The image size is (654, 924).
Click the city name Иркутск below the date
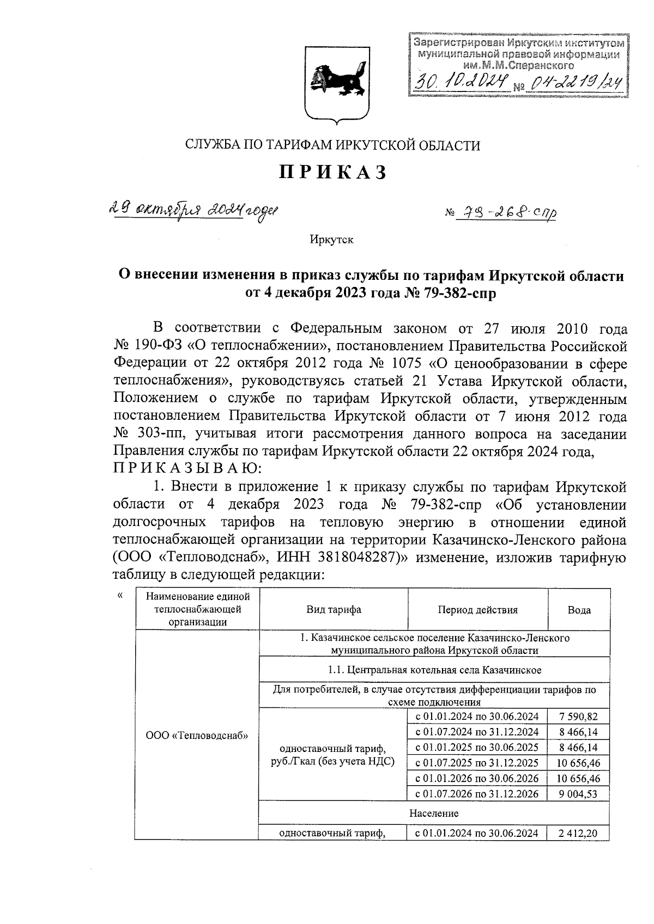tap(331, 240)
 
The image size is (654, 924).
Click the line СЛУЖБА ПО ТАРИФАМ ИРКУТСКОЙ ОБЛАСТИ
tap(333, 145)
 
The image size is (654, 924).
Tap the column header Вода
tap(579, 610)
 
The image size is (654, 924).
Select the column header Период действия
tap(477, 610)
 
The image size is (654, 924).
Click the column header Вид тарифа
tap(333, 610)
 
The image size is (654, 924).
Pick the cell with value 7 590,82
tap(578, 716)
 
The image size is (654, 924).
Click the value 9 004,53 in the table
tap(578, 793)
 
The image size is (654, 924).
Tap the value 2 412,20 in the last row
tap(578, 833)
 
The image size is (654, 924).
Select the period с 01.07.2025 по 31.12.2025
tap(477, 762)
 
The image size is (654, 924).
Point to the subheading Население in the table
tap(434, 813)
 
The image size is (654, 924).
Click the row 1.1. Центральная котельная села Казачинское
tap(434, 669)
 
